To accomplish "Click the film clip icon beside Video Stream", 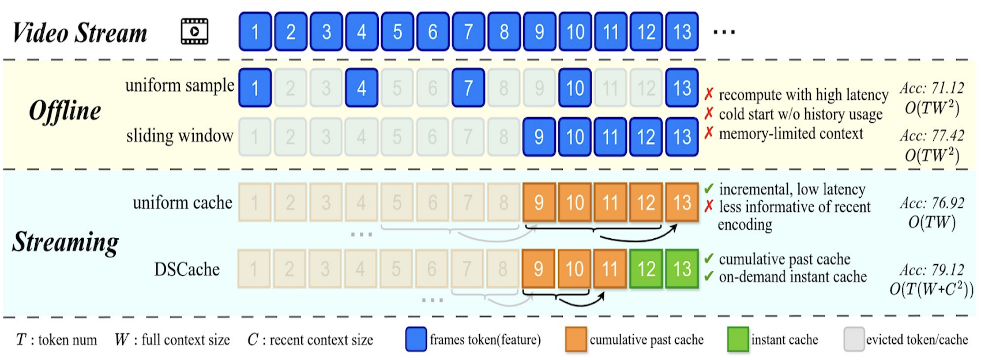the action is pyautogui.click(x=194, y=32).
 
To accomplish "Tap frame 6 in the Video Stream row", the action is pyautogui.click(x=433, y=32).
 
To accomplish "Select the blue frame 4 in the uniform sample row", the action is pyautogui.click(x=361, y=88).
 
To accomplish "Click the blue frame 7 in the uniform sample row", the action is pyautogui.click(x=468, y=88).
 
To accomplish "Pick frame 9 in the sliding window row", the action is pyautogui.click(x=539, y=137).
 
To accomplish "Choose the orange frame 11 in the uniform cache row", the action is pyautogui.click(x=610, y=202).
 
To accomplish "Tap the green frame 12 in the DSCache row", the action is pyautogui.click(x=646, y=268).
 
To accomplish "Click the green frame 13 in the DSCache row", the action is pyautogui.click(x=682, y=268).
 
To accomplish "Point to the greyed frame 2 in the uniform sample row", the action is pyautogui.click(x=290, y=88).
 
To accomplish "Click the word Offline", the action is pyautogui.click(x=65, y=111).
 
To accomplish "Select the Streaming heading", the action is pyautogui.click(x=65, y=242).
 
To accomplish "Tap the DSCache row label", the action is pyautogui.click(x=187, y=269).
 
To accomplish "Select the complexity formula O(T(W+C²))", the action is pyautogui.click(x=931, y=289).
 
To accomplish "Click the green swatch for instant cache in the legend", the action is pyautogui.click(x=738, y=339).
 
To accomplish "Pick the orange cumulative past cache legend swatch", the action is pyautogui.click(x=576, y=339).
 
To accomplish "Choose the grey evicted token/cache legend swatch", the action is pyautogui.click(x=854, y=339).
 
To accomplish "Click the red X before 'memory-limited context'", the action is pyautogui.click(x=709, y=133).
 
